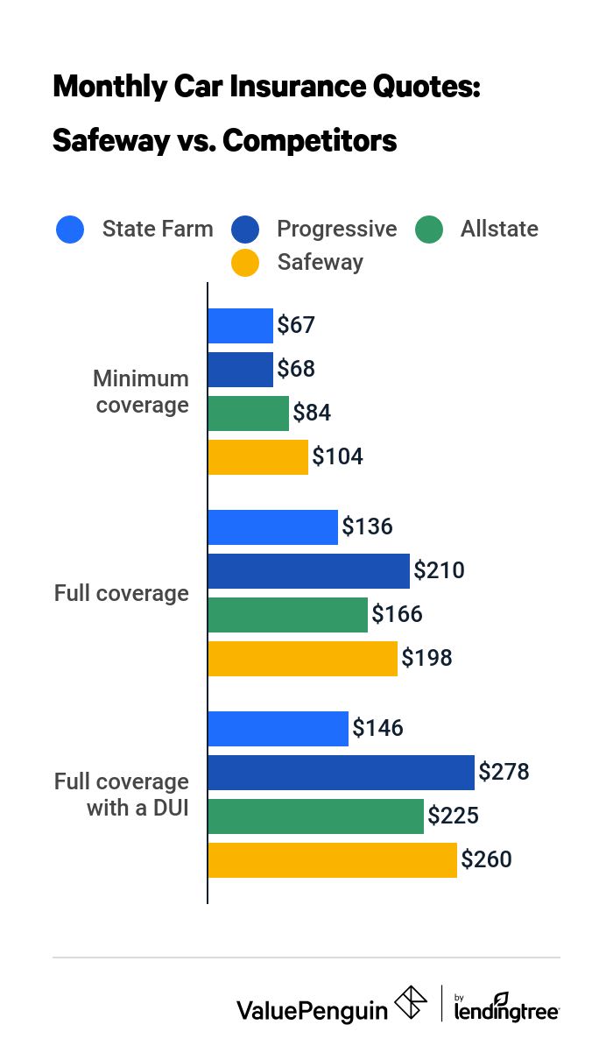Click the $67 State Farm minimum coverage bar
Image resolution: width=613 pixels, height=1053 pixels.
tap(241, 326)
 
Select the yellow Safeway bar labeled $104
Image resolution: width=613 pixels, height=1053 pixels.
tap(258, 457)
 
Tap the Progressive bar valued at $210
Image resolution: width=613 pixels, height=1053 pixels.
tap(309, 571)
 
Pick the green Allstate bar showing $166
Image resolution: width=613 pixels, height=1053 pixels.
tap(288, 615)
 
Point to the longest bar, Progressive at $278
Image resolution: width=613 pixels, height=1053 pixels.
tap(342, 773)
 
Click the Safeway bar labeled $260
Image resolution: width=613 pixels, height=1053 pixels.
tap(333, 860)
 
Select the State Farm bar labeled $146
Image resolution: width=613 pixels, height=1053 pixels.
tap(278, 729)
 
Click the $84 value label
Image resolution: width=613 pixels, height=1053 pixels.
tap(312, 413)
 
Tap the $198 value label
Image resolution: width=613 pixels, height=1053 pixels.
tap(426, 659)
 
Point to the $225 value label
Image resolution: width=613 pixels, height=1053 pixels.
tap(453, 816)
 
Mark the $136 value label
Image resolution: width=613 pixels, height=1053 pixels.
tap(367, 527)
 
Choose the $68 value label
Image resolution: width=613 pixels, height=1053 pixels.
tap(296, 370)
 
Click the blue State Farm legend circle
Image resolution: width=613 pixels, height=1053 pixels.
tap(70, 230)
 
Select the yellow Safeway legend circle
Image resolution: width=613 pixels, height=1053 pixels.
tap(246, 262)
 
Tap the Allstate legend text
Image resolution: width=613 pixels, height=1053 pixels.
tap(499, 230)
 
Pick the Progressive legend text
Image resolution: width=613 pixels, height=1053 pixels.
tap(336, 230)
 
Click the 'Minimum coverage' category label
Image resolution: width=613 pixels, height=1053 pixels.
tap(141, 392)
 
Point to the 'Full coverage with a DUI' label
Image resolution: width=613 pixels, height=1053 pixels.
tap(123, 794)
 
